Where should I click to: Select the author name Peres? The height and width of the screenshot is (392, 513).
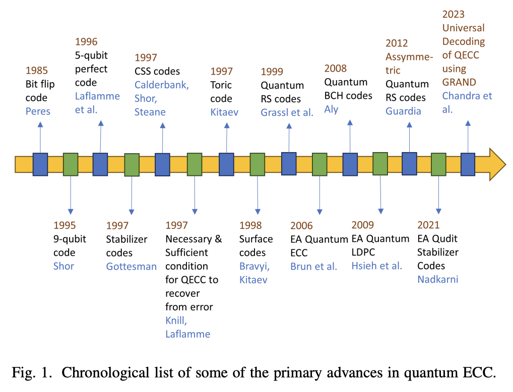[38, 111]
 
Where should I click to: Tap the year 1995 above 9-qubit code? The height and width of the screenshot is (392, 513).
[65, 225]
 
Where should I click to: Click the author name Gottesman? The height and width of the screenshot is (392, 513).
[131, 266]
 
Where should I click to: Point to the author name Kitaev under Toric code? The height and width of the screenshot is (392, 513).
[224, 112]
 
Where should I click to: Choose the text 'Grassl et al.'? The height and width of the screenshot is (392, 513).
[287, 112]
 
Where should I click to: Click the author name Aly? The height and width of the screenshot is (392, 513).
[331, 109]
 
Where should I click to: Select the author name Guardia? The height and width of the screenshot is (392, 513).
[403, 111]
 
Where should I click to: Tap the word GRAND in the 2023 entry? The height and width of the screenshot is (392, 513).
[459, 82]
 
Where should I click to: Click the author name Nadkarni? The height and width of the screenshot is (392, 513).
[437, 279]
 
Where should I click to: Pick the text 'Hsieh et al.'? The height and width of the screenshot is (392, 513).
[376, 266]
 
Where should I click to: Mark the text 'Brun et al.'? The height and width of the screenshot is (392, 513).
[313, 267]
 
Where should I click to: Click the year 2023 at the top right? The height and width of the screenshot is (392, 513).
[453, 14]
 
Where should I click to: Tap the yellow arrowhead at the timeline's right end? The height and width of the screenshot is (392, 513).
[496, 164]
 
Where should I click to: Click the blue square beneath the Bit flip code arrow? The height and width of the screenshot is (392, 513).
[40, 164]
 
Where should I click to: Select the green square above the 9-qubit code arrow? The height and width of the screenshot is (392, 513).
[71, 165]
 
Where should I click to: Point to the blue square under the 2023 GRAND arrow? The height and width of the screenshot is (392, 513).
[468, 164]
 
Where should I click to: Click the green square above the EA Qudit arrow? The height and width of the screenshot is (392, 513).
[438, 164]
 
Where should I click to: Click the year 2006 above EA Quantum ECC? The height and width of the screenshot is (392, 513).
[301, 225]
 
